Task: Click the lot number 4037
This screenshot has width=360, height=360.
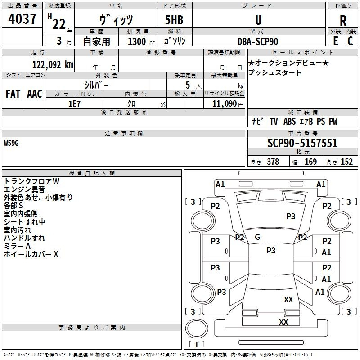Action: [22, 20]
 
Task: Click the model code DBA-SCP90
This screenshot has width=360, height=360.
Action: [258, 41]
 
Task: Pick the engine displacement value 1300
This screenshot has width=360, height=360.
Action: [137, 41]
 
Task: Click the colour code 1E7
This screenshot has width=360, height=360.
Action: [74, 103]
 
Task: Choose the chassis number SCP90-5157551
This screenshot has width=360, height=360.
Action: [302, 144]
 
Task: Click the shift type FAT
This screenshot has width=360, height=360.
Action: [13, 94]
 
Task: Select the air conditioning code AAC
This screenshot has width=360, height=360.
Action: [34, 94]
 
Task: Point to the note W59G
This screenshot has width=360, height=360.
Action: [12, 143]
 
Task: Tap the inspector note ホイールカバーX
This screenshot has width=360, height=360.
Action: [31, 254]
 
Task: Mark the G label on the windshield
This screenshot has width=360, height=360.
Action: [257, 237]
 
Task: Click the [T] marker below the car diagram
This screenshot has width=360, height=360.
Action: [196, 345]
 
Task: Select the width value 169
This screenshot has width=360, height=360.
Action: [310, 162]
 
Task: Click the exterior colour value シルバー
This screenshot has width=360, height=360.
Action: [96, 85]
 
